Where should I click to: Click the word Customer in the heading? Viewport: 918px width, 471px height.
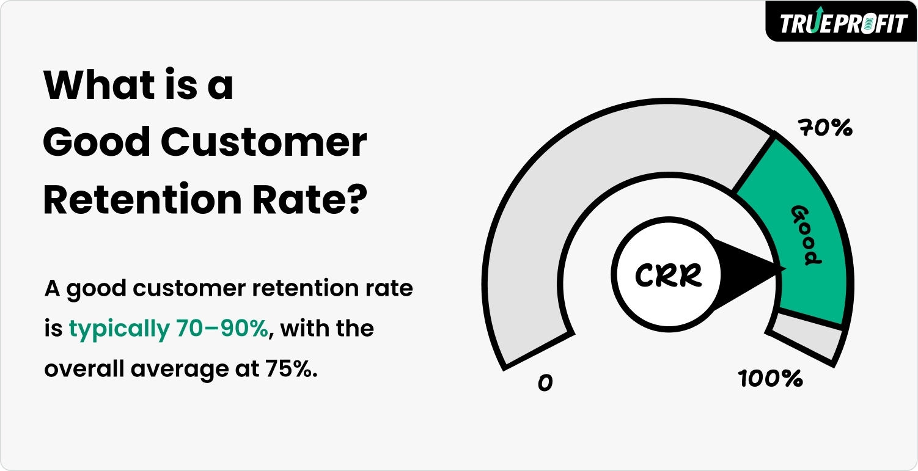click(263, 142)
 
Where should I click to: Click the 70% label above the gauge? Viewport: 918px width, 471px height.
click(824, 128)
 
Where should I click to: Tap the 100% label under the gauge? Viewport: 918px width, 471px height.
click(770, 379)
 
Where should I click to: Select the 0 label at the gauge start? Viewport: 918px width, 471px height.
click(545, 383)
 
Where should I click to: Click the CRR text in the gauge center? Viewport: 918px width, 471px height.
click(668, 276)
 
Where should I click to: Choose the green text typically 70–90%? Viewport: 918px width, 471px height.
click(169, 329)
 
